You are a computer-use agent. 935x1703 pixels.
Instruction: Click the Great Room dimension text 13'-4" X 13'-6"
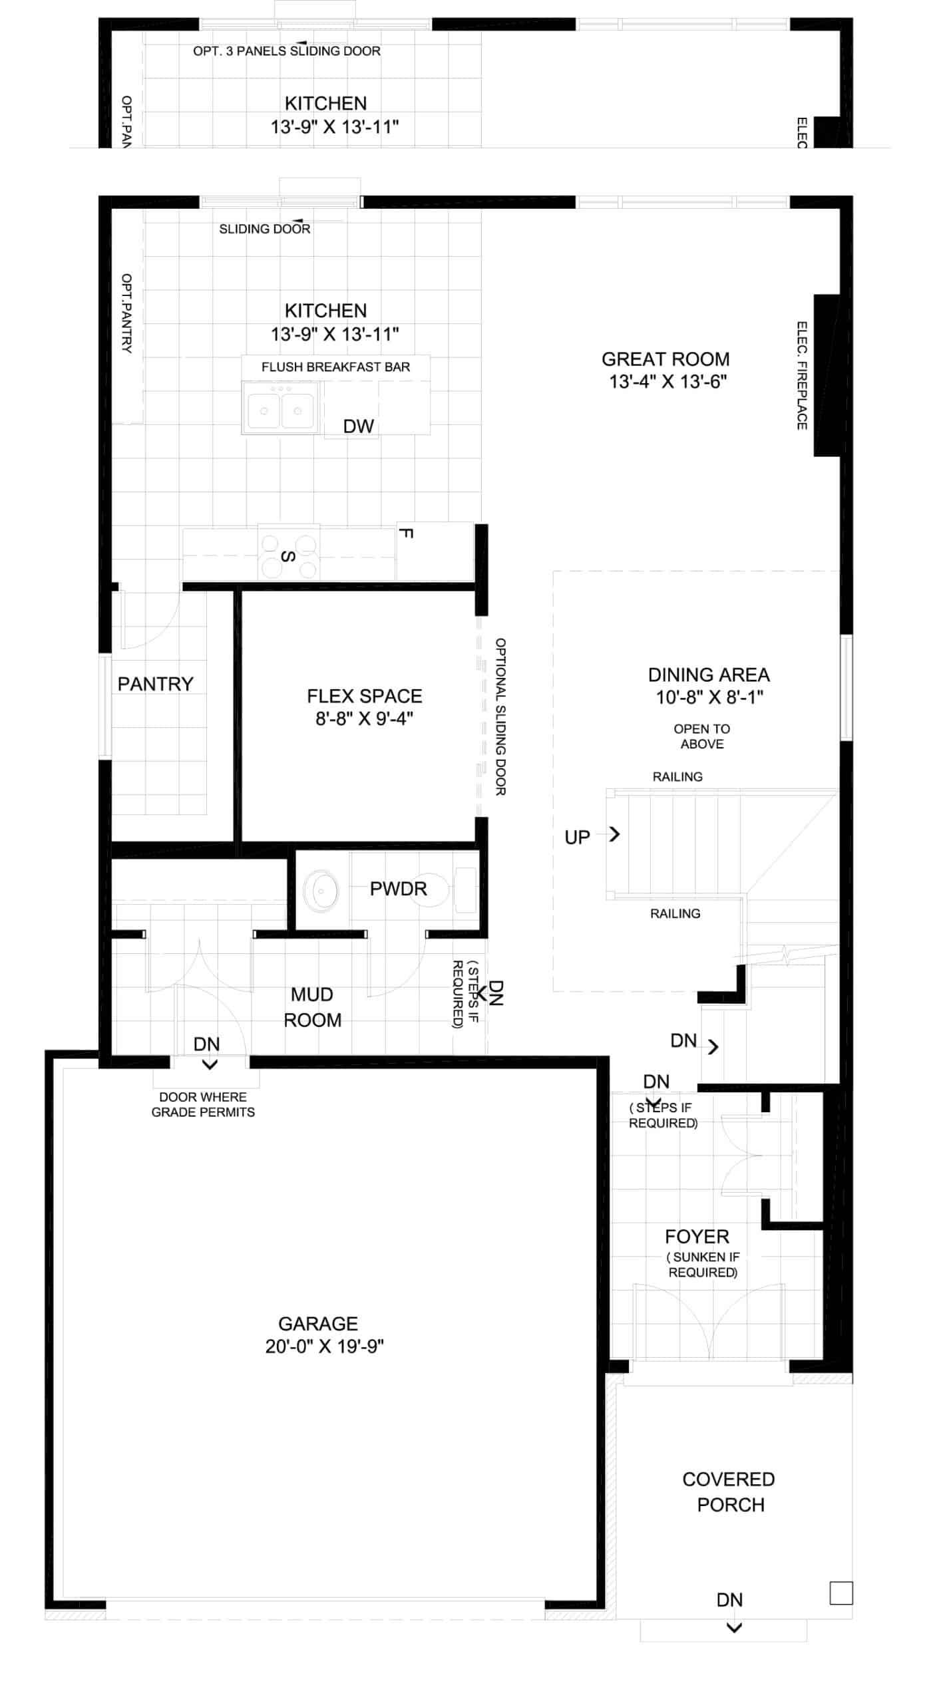667,382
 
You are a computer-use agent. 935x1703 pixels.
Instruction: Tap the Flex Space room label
364,696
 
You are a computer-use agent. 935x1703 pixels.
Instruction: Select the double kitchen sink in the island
281,408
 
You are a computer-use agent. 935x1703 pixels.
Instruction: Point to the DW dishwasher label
358,426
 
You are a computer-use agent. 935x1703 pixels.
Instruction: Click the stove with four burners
289,552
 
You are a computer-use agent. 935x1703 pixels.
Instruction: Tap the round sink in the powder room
321,890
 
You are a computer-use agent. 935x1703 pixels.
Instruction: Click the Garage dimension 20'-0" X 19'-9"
324,1346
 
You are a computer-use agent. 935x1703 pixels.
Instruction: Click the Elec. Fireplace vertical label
802,375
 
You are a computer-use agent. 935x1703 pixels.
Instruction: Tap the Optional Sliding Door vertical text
500,716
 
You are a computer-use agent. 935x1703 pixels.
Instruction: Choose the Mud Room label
313,1007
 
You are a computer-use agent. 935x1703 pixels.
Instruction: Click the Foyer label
697,1237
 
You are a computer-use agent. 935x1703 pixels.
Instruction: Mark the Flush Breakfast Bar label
335,367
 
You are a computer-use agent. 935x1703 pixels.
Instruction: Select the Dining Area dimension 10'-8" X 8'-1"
709,697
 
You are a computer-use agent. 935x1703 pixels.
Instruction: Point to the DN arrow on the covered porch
734,1628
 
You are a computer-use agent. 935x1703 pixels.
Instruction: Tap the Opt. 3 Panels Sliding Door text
287,51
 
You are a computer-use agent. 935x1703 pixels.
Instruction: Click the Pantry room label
155,684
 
